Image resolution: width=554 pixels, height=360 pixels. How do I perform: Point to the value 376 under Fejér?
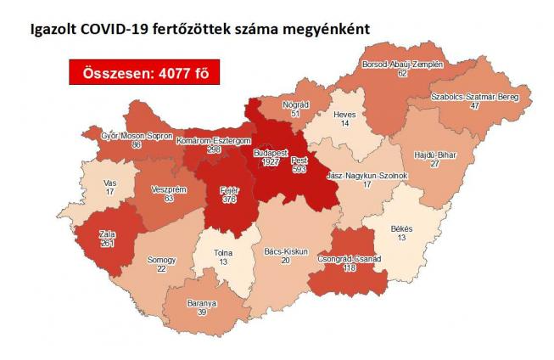tap(230, 200)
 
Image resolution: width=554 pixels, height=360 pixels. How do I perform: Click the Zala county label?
tap(106, 233)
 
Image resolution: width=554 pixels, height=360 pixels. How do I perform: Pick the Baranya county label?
tap(203, 302)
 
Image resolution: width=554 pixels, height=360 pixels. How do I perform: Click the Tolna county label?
tap(221, 252)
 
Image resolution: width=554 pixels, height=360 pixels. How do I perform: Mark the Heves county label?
tap(344, 113)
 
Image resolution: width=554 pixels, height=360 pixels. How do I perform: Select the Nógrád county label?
tap(294, 103)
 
